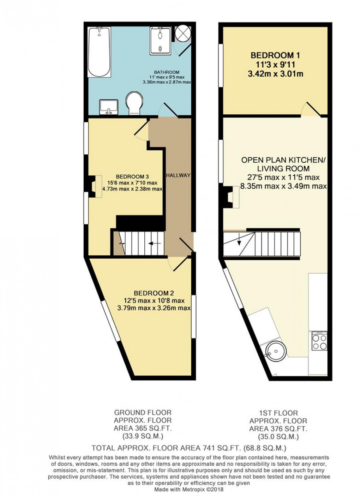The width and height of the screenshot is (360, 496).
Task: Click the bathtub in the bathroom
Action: [x=99, y=52]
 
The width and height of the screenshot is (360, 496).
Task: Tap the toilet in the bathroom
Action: [x=134, y=102]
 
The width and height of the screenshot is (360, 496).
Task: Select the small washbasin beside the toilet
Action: [x=109, y=107]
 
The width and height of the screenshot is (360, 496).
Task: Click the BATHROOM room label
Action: [x=166, y=72]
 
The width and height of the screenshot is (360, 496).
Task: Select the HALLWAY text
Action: [x=178, y=175]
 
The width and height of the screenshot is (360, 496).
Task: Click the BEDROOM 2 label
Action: [x=154, y=293]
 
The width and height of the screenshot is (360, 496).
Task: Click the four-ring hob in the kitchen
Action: [x=319, y=341]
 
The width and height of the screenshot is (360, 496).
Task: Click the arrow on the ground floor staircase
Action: [x=154, y=243]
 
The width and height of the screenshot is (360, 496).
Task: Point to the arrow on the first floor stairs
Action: [x=239, y=242]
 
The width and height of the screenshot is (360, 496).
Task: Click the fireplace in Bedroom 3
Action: [x=93, y=186]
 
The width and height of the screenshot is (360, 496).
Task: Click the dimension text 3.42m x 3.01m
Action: [x=277, y=74]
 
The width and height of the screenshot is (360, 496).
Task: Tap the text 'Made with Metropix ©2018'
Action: [x=188, y=489]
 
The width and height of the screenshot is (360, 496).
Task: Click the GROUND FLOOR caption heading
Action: [x=143, y=412]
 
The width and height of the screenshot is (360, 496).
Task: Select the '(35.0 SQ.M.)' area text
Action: [x=278, y=437]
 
